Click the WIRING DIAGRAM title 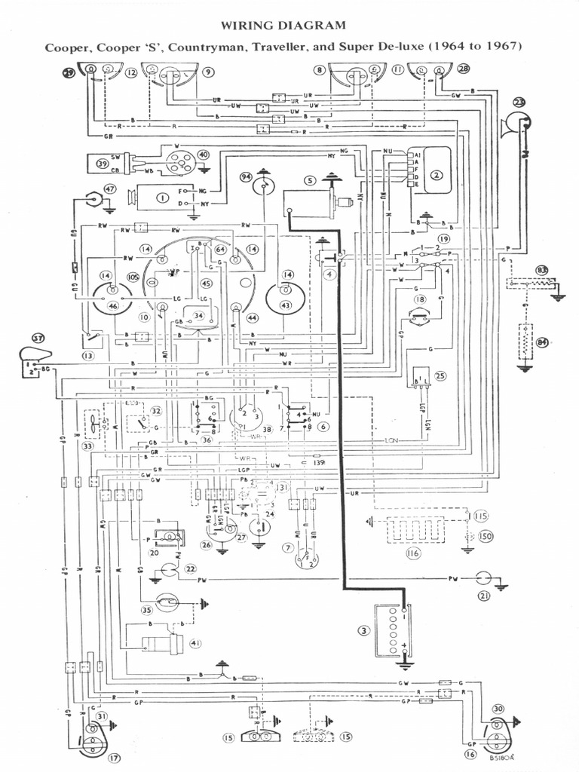point(284,26)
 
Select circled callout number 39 point(103,164)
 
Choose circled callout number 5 point(309,180)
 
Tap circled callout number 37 point(37,337)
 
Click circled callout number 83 point(541,270)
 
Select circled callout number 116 point(412,553)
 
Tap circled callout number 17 point(115,758)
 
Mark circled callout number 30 point(498,709)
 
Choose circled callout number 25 point(441,375)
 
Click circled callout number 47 point(111,188)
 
